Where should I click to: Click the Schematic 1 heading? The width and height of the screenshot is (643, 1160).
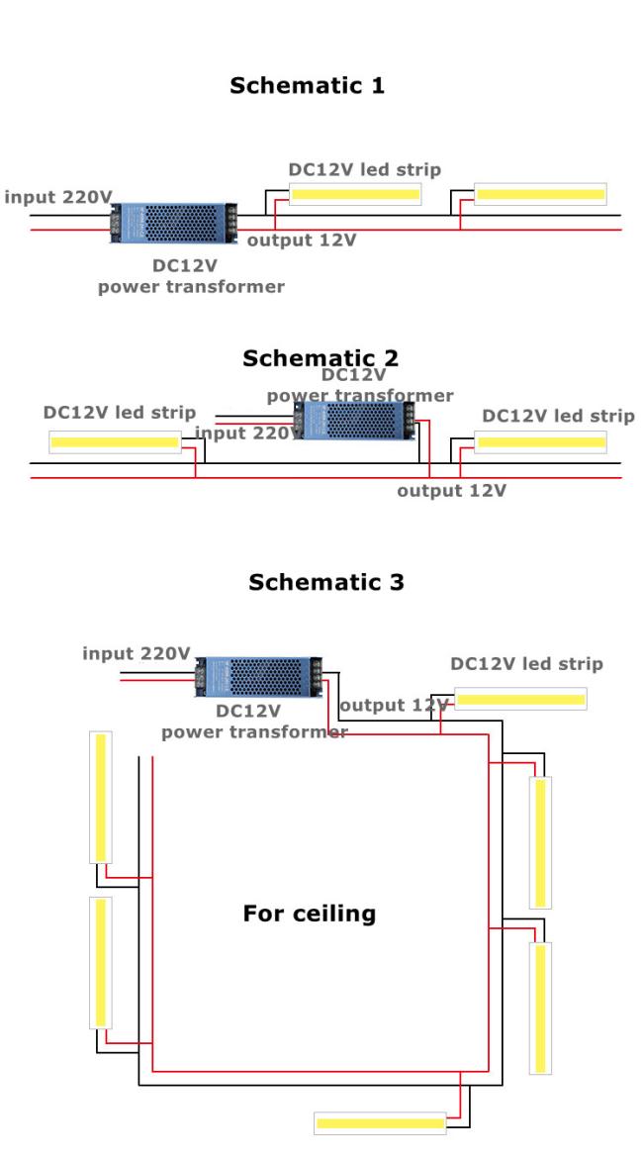tap(307, 85)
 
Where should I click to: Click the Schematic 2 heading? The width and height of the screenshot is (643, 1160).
tap(321, 358)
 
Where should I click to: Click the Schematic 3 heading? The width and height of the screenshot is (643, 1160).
tap(325, 582)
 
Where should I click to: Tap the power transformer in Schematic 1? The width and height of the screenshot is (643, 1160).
tap(174, 223)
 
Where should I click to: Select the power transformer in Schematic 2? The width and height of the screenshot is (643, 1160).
tap(355, 421)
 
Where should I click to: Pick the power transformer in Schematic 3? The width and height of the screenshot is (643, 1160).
tap(258, 676)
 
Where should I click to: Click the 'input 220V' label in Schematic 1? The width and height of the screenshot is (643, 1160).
tap(58, 198)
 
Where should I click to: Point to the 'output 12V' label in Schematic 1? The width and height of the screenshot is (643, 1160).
tap(302, 241)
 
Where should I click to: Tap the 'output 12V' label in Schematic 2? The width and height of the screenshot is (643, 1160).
tap(451, 491)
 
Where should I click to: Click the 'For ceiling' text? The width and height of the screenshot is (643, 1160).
tap(310, 914)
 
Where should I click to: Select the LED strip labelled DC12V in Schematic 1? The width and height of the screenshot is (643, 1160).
tap(355, 195)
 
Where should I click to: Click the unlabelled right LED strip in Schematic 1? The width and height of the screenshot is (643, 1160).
tap(540, 194)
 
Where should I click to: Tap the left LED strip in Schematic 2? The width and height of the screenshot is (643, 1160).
tap(116, 442)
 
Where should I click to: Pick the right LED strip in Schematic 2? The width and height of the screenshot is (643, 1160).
tap(540, 442)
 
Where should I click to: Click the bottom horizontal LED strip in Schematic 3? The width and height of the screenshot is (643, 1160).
tap(380, 1123)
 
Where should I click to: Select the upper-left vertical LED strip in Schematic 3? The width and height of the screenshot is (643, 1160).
tap(101, 798)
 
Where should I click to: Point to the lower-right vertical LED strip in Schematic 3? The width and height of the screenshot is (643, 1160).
tap(540, 1009)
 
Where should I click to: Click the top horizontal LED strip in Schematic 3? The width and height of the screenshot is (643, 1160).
tap(520, 699)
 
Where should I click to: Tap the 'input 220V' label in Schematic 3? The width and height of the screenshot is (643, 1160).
tap(136, 654)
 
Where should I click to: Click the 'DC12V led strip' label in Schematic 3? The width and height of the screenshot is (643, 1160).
tap(526, 664)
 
